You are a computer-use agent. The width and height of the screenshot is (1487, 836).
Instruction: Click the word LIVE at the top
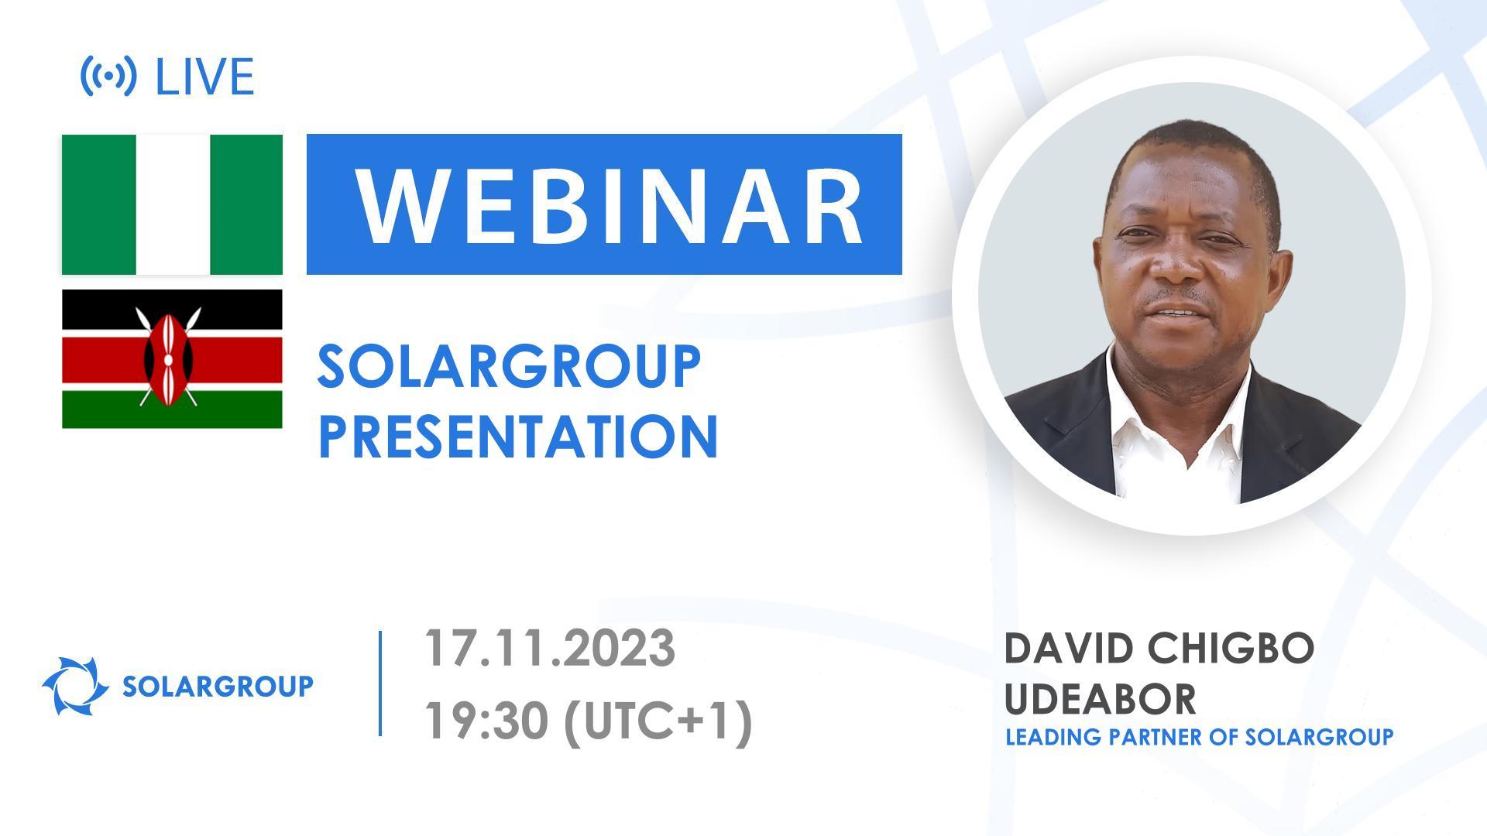(x=205, y=77)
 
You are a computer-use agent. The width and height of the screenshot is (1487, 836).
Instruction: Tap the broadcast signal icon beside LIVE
(x=108, y=76)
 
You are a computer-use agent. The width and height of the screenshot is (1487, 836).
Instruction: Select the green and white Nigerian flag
(x=172, y=204)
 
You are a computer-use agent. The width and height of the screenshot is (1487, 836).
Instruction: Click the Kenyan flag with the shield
(x=172, y=358)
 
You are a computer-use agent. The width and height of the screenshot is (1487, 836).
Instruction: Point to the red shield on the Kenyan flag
(x=167, y=358)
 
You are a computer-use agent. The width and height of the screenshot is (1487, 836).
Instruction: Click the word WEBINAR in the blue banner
(x=610, y=205)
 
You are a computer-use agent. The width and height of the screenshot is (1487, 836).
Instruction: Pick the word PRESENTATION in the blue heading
(x=517, y=437)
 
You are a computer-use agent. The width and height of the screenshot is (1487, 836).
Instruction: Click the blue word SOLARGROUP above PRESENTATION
(x=509, y=367)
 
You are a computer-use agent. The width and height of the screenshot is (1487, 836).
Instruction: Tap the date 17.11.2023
(x=549, y=649)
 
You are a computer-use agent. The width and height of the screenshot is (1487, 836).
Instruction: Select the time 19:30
(x=485, y=721)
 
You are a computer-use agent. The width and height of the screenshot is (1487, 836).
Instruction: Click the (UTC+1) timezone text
(x=658, y=721)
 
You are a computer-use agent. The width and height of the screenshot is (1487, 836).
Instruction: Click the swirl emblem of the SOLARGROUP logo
(x=75, y=686)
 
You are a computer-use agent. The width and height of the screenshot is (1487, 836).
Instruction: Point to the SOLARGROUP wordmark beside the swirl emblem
(x=218, y=686)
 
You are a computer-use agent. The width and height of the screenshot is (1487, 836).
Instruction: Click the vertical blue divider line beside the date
(x=380, y=683)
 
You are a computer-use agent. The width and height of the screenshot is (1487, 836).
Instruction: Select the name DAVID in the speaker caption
(x=1068, y=649)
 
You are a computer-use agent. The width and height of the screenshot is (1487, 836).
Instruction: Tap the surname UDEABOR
(x=1100, y=698)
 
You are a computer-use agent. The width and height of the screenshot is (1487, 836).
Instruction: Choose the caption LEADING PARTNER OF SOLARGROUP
(x=1199, y=737)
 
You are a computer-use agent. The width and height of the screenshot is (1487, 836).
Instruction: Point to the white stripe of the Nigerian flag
(x=172, y=204)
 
